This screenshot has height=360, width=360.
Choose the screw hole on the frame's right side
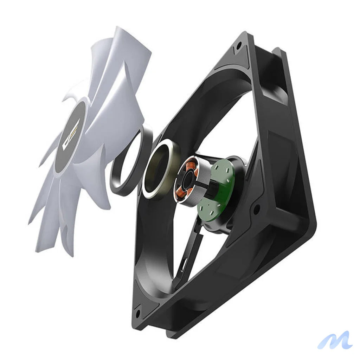point(257,209)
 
